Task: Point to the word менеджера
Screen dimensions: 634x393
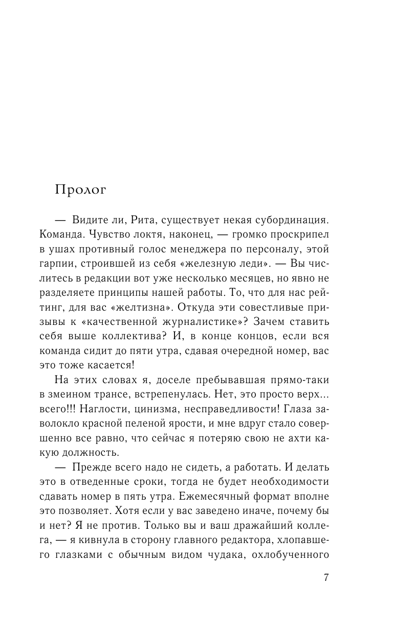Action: coord(228,249)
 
